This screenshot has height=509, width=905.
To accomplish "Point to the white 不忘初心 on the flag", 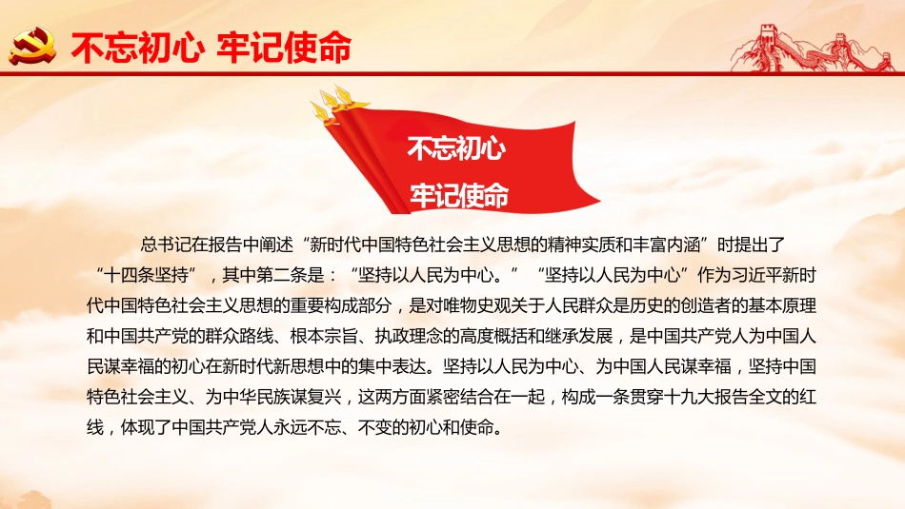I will point(456,149).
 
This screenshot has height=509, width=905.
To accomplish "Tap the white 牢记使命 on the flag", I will point(458,196).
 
